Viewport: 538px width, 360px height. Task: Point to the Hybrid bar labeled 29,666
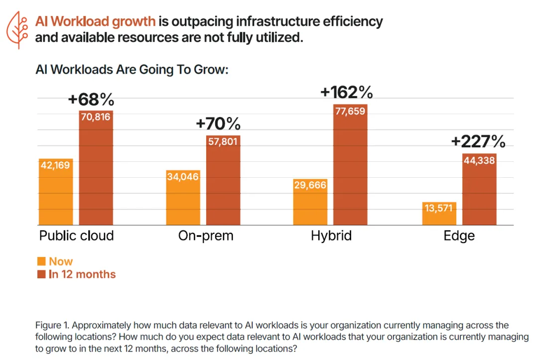click(310, 202)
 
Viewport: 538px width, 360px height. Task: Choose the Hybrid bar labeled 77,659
click(350, 165)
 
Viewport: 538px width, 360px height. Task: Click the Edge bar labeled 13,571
click(439, 213)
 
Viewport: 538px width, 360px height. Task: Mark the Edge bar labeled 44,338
click(479, 189)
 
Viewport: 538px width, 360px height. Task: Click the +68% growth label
click(91, 100)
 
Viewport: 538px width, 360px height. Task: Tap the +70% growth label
click(218, 123)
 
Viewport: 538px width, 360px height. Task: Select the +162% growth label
click(346, 93)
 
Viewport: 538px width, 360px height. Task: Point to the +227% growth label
click(478, 142)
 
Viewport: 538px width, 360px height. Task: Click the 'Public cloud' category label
click(77, 236)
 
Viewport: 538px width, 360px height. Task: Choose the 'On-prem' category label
click(206, 236)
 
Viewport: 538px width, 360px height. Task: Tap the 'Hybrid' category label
click(331, 236)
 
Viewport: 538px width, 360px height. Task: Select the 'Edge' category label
click(459, 236)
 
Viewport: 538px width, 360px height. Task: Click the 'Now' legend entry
click(55, 261)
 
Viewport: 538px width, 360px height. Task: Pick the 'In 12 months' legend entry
click(77, 274)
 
